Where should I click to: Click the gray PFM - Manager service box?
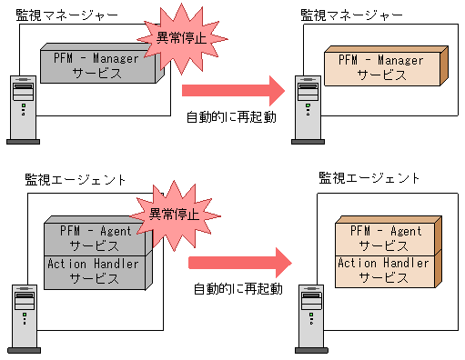click(96, 66)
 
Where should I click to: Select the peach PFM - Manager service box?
click(380, 66)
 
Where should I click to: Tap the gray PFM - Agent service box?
click(95, 237)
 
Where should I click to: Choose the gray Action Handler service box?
click(95, 271)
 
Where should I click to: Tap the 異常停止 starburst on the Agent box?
click(168, 215)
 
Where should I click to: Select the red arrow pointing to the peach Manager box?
click(234, 91)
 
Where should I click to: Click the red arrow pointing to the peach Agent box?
click(239, 262)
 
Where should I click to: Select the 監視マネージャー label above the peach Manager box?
click(351, 15)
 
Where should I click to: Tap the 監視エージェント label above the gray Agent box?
click(76, 179)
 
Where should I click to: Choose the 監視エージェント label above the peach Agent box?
click(369, 179)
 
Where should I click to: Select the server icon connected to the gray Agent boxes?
click(25, 318)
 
